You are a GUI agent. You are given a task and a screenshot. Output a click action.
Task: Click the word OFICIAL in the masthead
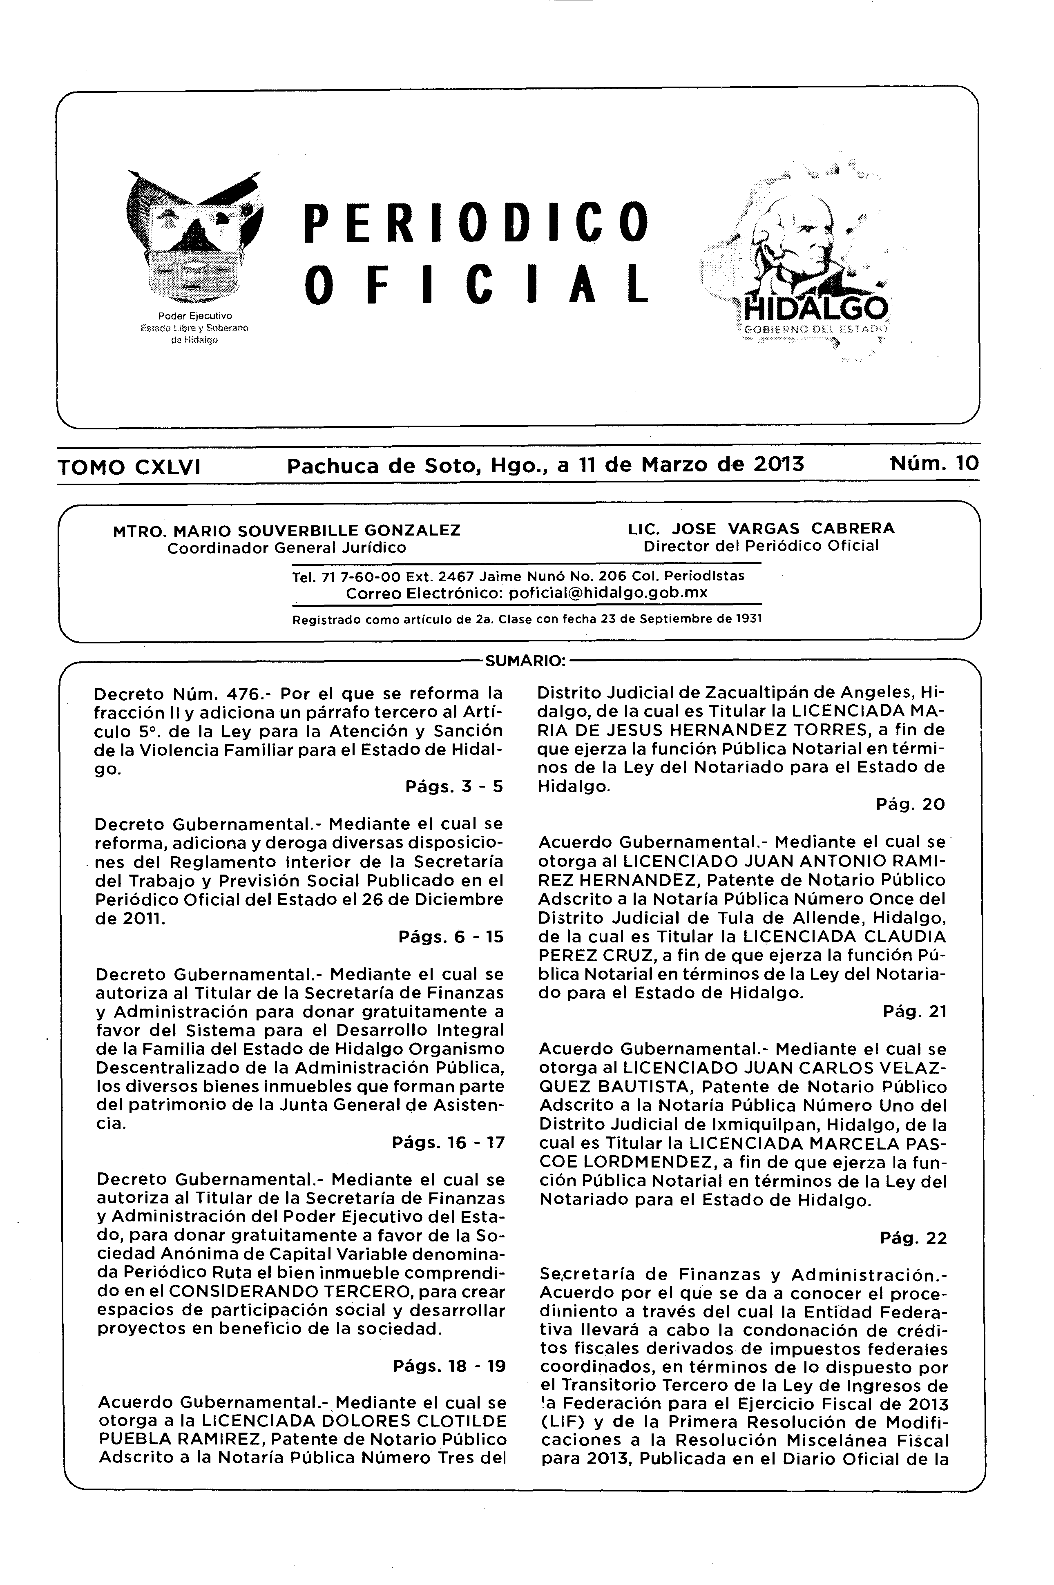(x=477, y=283)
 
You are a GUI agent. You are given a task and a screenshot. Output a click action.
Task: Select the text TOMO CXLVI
(x=130, y=467)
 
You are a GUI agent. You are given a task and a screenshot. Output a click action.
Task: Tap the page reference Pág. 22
(x=913, y=1237)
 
